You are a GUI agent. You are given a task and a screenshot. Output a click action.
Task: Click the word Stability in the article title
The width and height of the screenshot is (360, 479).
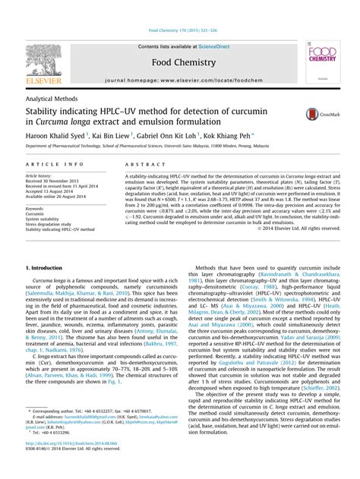point(43,112)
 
